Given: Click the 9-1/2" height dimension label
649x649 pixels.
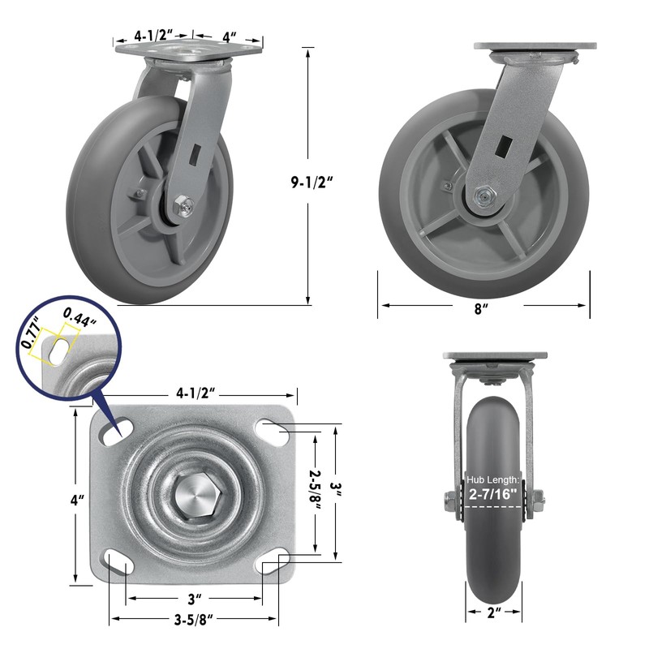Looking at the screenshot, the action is click(312, 182).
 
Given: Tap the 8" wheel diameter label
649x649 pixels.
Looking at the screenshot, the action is click(481, 308).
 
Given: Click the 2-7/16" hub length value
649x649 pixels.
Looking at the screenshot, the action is click(493, 494).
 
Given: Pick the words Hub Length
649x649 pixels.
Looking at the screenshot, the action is click(492, 479).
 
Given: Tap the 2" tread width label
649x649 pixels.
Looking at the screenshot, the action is click(494, 613).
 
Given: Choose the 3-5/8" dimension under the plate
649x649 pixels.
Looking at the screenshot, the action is click(193, 620).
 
